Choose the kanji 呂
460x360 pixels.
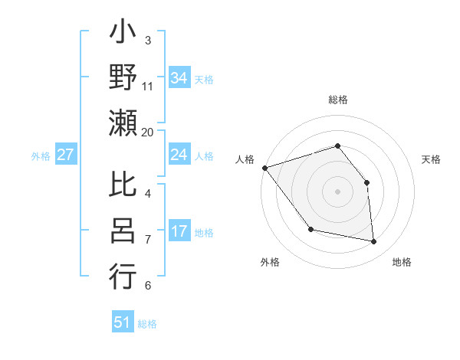[123, 231]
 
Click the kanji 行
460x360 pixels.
[123, 277]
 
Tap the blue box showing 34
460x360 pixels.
[179, 77]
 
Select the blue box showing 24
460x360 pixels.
[179, 155]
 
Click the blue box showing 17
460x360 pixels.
[179, 232]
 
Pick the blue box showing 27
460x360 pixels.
[66, 155]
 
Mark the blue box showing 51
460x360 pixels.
[123, 322]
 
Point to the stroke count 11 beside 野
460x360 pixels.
[148, 87]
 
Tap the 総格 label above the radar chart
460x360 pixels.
[337, 100]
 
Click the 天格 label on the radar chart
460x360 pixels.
[431, 159]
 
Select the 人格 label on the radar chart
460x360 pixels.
[245, 159]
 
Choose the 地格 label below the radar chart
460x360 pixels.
[402, 262]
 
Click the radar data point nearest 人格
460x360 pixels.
[264, 168]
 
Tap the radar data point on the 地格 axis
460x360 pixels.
[374, 242]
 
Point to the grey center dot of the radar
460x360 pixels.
[337, 191]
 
